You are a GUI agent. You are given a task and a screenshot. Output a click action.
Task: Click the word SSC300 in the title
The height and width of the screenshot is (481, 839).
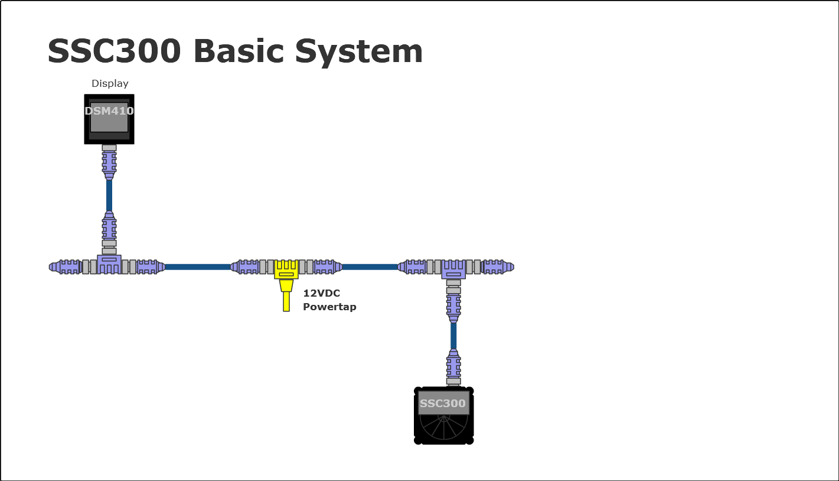tap(113, 51)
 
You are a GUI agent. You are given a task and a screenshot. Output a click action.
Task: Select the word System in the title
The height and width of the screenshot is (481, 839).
tap(359, 51)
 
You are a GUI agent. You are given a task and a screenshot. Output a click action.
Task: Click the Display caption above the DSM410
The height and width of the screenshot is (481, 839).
tap(110, 84)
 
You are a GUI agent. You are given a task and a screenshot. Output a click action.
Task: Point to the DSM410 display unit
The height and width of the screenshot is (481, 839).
tap(109, 119)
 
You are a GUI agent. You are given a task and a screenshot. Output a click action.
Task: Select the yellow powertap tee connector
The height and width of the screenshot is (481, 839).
tap(286, 269)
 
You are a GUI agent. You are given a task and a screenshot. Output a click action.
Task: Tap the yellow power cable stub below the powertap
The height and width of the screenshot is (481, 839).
tap(286, 301)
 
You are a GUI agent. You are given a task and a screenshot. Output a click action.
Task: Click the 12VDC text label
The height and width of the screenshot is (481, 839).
tap(321, 293)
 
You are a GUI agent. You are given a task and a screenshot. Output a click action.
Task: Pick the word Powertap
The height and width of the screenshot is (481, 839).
tap(329, 307)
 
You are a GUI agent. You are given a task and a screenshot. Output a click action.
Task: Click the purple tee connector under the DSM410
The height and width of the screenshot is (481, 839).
tap(109, 264)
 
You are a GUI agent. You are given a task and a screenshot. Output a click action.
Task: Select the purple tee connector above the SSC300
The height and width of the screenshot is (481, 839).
tap(453, 269)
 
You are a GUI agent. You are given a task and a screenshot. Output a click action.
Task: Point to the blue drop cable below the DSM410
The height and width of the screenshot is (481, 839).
tap(109, 195)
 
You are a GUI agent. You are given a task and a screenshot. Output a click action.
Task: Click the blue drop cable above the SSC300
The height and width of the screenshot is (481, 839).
tap(453, 336)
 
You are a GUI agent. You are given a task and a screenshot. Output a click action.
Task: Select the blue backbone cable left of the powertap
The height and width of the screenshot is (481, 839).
tap(197, 267)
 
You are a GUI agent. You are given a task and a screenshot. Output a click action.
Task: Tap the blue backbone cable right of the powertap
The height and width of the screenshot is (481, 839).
tap(370, 267)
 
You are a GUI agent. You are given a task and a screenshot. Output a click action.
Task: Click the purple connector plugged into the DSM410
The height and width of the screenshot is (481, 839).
tap(109, 162)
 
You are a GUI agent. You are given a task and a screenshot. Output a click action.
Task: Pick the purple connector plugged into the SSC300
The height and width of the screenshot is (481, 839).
tap(453, 365)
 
